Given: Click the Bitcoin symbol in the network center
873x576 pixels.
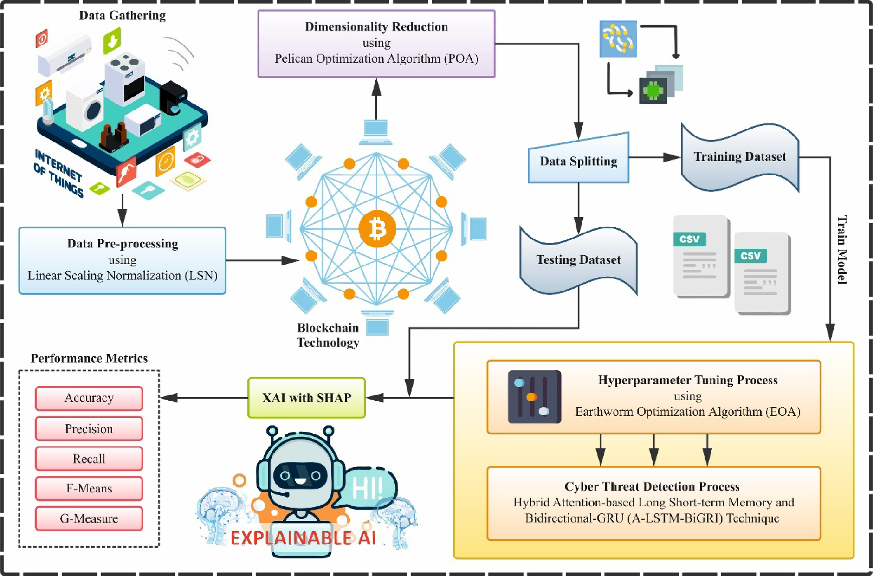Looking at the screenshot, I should pyautogui.click(x=377, y=229).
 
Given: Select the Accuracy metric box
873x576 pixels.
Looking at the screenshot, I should pyautogui.click(x=89, y=398).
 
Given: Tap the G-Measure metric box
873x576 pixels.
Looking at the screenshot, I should pyautogui.click(x=89, y=518).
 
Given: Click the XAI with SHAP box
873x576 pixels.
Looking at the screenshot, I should pyautogui.click(x=306, y=398).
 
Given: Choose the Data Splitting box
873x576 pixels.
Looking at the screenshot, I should pyautogui.click(x=578, y=161).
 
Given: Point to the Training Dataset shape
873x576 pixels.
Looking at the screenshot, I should pyautogui.click(x=739, y=157).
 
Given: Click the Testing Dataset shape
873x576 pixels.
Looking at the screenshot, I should pyautogui.click(x=578, y=260).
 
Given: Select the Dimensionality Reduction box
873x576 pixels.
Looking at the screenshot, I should pyautogui.click(x=376, y=43).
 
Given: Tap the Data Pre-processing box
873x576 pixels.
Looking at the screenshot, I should pyautogui.click(x=122, y=260).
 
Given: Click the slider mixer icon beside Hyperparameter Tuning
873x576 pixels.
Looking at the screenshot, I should pyautogui.click(x=534, y=397).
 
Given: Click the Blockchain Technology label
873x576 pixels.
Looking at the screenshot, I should pyautogui.click(x=328, y=335).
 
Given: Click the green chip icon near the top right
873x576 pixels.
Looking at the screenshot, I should pyautogui.click(x=653, y=91).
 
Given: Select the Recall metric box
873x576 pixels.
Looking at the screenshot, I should pyautogui.click(x=89, y=459).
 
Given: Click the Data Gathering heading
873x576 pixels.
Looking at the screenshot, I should pyautogui.click(x=122, y=15).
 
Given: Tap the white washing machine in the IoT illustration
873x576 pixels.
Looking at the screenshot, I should pyautogui.click(x=86, y=107).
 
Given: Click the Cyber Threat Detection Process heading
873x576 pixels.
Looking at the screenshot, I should pyautogui.click(x=652, y=486).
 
